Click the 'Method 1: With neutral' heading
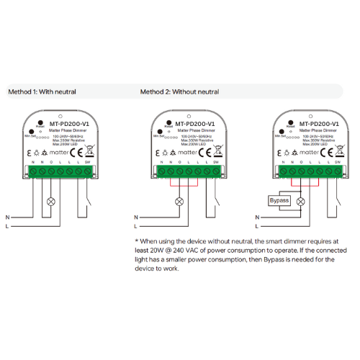[x=41, y=92]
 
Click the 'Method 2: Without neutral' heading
[x=179, y=92]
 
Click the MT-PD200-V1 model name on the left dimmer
[x=70, y=124]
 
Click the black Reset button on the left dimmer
[x=39, y=117]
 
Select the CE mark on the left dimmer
[x=80, y=152]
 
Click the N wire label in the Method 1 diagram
[x=8, y=217]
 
